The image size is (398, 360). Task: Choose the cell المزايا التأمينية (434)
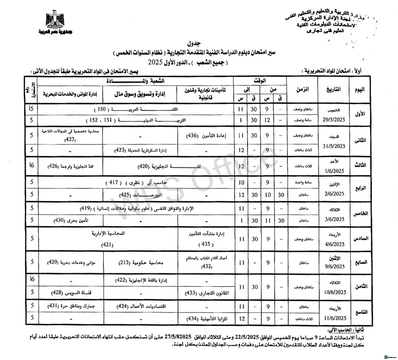coord(203,318)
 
